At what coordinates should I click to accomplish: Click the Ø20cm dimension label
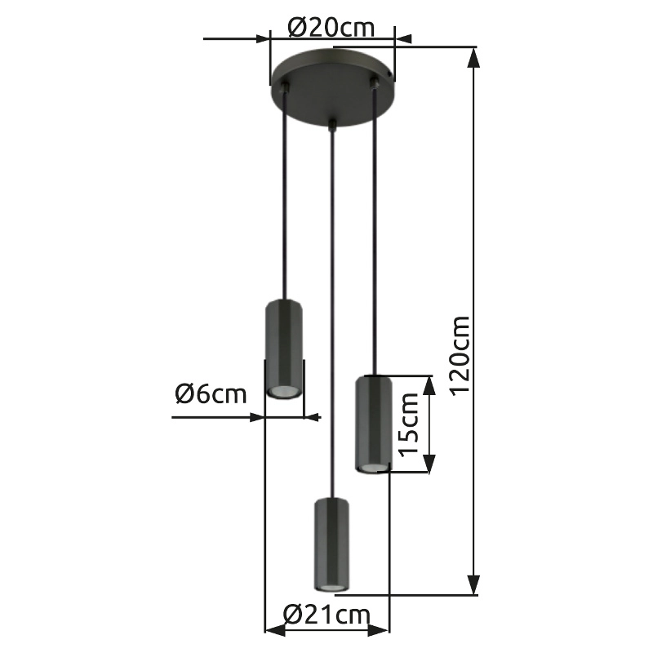point(331,29)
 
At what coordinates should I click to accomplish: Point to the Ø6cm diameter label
point(211,394)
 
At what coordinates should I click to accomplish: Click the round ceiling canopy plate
point(331,86)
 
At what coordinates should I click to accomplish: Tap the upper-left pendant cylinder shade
point(284,349)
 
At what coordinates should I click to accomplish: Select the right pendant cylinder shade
point(373,424)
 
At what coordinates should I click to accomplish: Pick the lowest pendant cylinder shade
point(331,544)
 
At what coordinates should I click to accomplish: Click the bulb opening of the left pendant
point(283,392)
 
